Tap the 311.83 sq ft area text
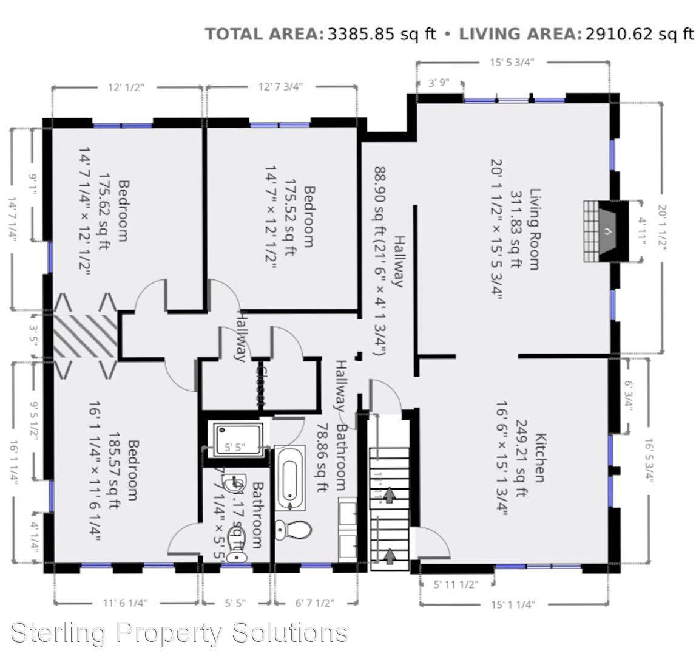click(516, 229)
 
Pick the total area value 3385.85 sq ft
click(382, 34)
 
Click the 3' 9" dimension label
click(440, 83)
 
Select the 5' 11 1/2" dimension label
click(456, 585)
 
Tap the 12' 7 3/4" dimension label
click(280, 87)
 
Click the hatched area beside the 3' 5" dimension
click(84, 336)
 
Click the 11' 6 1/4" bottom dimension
click(126, 603)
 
